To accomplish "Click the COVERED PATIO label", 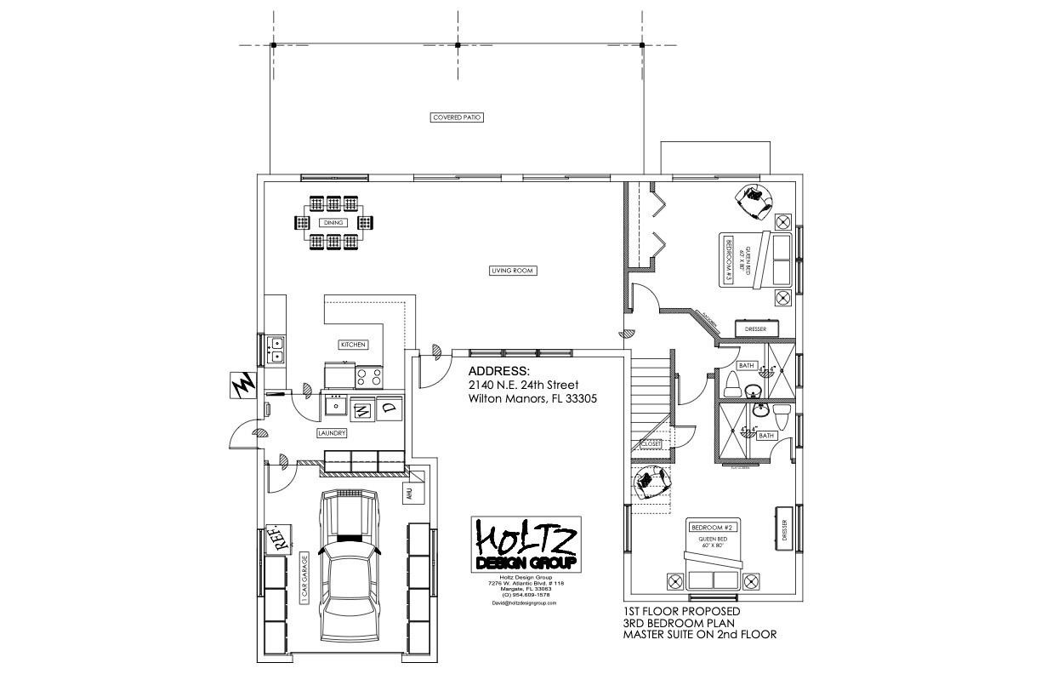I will (457, 117).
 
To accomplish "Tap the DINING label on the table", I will (333, 223).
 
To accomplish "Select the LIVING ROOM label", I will (514, 271).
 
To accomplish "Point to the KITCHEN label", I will (353, 345).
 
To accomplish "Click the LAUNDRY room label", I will (332, 433).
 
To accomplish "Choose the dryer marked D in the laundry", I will (389, 408).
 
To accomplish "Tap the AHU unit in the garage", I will (409, 493).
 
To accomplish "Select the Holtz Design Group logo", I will (526, 545).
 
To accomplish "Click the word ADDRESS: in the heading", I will (498, 372).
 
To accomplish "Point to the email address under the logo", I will (525, 603).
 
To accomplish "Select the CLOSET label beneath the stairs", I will (651, 443).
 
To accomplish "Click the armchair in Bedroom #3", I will (755, 197).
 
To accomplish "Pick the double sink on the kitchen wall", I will (276, 349).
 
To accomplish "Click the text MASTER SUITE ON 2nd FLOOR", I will (700, 634).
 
